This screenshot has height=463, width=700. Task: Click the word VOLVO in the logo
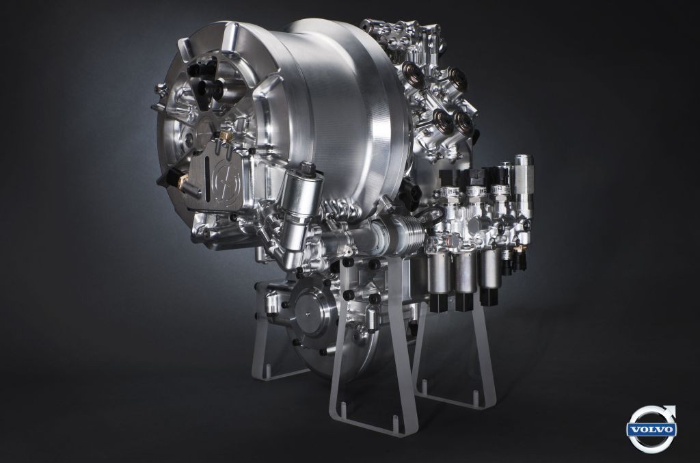click(652, 430)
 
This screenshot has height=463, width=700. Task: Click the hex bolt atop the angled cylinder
click(307, 169)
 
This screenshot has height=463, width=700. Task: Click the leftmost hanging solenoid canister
click(440, 272)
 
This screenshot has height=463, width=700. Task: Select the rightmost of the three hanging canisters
click(489, 269)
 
